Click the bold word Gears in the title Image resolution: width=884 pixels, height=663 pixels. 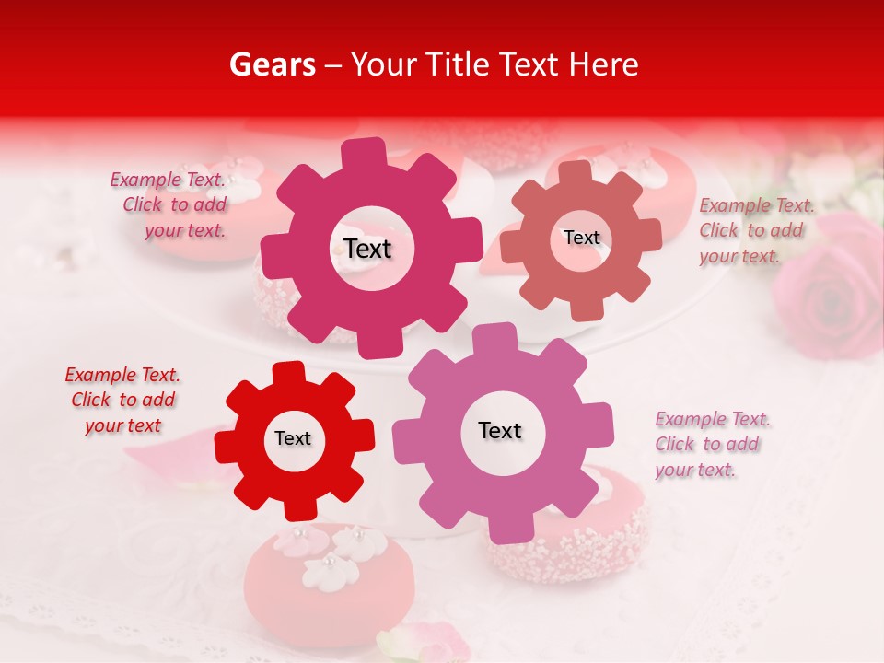click(x=272, y=64)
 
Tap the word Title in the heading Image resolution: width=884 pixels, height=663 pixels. click(x=455, y=64)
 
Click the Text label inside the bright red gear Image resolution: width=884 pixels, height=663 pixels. click(x=293, y=439)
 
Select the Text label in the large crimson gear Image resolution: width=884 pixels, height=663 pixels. click(x=367, y=249)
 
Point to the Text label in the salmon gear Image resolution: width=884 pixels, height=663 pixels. click(x=581, y=238)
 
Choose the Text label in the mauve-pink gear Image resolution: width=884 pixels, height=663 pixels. click(x=500, y=431)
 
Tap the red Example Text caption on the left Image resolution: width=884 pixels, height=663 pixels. click(x=122, y=400)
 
